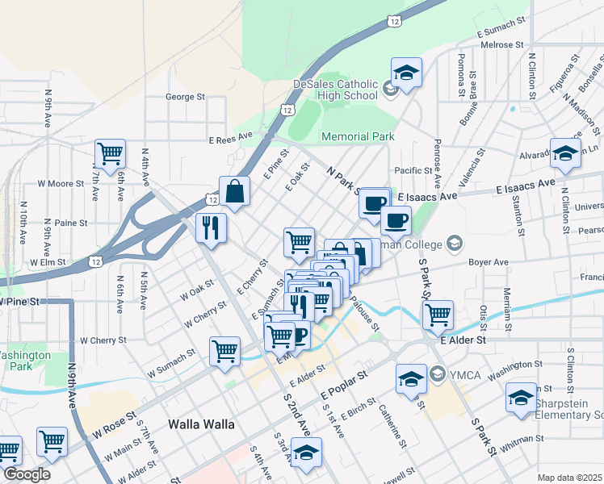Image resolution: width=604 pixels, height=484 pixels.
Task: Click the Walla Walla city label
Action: (x=201, y=424)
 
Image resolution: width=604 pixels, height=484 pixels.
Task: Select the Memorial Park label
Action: (x=358, y=137)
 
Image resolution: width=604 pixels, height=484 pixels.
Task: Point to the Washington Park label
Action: (x=24, y=361)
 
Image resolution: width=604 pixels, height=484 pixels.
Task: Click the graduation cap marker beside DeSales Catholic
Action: (x=407, y=73)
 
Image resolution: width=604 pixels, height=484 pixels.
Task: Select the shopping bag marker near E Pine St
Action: (x=234, y=192)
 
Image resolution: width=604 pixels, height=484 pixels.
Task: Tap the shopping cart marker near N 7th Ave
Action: (x=110, y=152)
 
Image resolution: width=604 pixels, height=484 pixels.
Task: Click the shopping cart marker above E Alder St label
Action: (x=438, y=315)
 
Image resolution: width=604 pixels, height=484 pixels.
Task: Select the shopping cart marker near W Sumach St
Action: (x=224, y=350)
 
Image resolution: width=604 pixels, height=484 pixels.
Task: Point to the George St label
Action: (x=185, y=97)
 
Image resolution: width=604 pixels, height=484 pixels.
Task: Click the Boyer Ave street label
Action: (x=489, y=262)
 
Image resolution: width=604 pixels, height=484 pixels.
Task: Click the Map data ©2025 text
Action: (x=569, y=478)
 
